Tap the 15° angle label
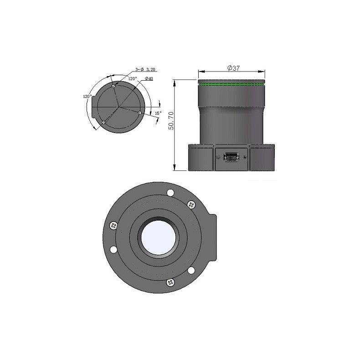point(158,113)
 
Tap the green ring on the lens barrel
point(231,84)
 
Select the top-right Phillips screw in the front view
point(190,205)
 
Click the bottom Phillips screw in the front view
point(171,283)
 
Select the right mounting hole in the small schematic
point(139,112)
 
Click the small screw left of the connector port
point(218,158)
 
